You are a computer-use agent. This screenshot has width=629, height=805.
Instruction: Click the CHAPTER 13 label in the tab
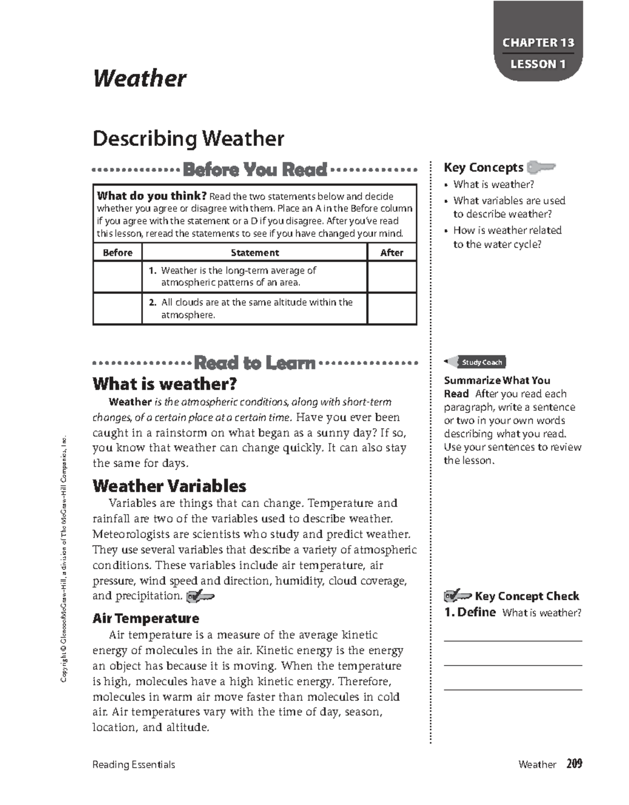coord(538,42)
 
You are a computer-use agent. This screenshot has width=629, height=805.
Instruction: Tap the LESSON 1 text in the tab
coord(538,64)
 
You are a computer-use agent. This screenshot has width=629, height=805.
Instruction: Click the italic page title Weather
coord(139,79)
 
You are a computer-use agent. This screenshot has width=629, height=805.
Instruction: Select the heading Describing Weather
coord(188,139)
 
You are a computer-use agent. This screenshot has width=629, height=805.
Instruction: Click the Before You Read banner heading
coord(255,170)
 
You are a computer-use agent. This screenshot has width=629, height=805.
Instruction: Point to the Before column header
coord(117,253)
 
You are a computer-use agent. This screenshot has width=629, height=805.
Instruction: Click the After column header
coord(392,253)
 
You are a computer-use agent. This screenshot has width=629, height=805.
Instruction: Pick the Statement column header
coord(255,253)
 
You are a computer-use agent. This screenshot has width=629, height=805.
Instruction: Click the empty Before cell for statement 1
coord(117,277)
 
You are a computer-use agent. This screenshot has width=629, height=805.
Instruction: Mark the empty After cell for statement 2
coord(392,309)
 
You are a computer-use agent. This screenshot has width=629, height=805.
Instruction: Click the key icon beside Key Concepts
coord(540,168)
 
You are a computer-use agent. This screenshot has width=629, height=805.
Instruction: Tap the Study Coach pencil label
coord(476,362)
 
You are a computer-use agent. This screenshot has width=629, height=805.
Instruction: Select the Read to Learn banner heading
coord(255,363)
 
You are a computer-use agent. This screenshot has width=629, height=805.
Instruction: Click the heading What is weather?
coord(165,384)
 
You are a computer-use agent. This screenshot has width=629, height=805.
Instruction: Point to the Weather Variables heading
coord(169,486)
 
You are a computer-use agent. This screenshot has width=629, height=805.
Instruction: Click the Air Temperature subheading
coord(146,618)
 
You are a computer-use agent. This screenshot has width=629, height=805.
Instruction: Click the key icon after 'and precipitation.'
coord(200,596)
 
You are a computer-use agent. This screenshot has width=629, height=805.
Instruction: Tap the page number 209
coord(574,764)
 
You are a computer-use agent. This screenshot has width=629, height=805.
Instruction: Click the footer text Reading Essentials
coord(134,765)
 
